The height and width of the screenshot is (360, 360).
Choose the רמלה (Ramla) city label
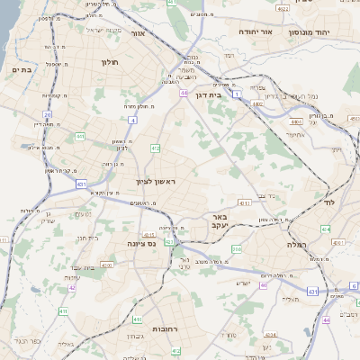298,244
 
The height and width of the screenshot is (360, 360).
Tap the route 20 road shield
48,115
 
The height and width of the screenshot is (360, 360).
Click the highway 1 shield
236,93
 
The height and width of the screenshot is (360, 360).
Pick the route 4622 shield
283,9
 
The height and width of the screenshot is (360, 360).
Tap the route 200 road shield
238,249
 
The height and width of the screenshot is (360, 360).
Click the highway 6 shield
354,285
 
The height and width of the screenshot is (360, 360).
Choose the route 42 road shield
72,288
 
